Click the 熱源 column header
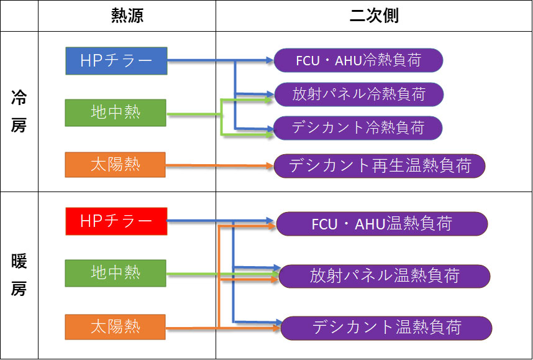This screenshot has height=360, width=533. (x=127, y=16)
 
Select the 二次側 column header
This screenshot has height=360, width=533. (x=374, y=16)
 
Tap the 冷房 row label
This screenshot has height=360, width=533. (x=19, y=111)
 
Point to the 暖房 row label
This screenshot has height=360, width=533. (x=19, y=275)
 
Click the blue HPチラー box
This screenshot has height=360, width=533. (x=116, y=61)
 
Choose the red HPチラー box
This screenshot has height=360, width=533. (x=116, y=221)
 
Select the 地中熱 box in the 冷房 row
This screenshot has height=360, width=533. (x=116, y=113)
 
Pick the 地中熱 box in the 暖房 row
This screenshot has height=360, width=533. (x=116, y=273)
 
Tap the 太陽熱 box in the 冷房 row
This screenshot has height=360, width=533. (x=115, y=165)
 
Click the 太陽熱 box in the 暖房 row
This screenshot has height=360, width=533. (x=115, y=327)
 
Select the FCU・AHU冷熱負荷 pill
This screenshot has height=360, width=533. (x=358, y=60)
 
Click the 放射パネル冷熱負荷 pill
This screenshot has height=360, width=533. (x=359, y=95)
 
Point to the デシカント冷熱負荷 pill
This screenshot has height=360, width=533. (x=358, y=128)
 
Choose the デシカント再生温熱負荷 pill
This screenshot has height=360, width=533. (x=380, y=166)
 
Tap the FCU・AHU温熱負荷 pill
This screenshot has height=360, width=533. (x=382, y=224)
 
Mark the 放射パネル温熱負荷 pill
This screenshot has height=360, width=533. (x=385, y=276)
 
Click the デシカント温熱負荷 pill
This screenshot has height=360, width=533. (x=386, y=328)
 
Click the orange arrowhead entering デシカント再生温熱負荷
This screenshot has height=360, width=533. (x=270, y=166)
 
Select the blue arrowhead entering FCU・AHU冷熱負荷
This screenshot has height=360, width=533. (x=270, y=60)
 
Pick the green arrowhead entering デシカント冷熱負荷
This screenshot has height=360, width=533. (x=269, y=135)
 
